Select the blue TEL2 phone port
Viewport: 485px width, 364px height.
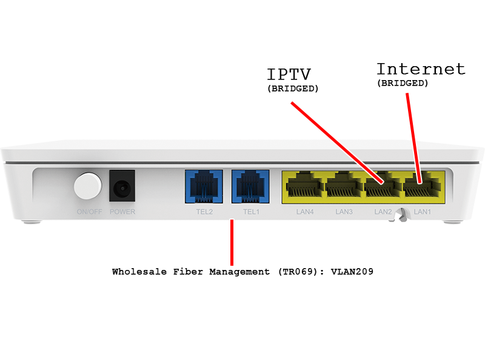[203, 186]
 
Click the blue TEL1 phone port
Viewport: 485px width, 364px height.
[250, 186]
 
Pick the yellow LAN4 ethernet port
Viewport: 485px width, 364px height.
[304, 187]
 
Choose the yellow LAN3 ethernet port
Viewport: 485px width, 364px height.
[344, 187]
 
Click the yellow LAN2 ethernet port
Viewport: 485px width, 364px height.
[383, 187]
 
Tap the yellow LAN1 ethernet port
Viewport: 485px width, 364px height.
[422, 187]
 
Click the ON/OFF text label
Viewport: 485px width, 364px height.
[89, 212]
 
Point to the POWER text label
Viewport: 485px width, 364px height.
[122, 212]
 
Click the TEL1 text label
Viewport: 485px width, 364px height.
[250, 212]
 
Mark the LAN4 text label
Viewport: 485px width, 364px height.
[304, 212]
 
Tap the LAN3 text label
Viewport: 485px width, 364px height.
[344, 212]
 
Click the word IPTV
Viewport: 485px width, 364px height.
[290, 75]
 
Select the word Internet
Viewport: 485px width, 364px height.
[421, 69]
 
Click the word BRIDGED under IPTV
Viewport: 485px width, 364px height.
[293, 89]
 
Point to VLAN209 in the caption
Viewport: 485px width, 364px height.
[353, 272]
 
